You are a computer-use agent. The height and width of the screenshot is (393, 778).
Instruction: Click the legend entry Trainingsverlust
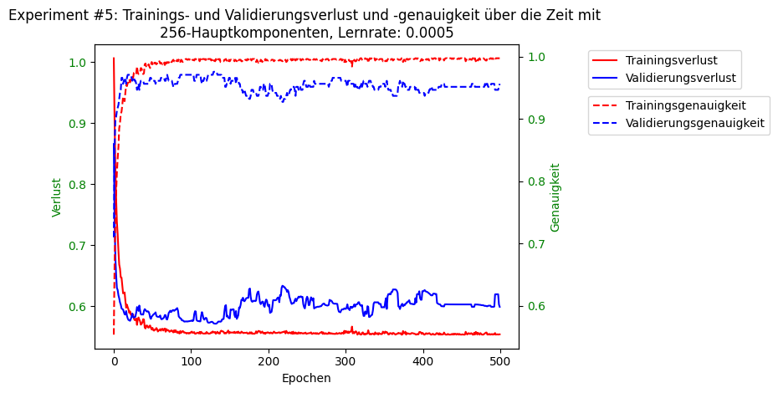coord(671,60)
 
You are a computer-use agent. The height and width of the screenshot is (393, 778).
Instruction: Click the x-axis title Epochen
coord(306,378)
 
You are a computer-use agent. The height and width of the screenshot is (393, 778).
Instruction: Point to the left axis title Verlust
coord(57,197)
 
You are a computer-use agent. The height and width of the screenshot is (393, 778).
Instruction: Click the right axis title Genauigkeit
coord(555,197)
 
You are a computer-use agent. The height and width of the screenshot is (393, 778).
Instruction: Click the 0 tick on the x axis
coord(114,361)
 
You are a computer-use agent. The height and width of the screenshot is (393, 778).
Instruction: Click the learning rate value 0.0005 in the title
coord(426,33)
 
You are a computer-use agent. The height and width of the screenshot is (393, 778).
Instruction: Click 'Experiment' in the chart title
coord(46,15)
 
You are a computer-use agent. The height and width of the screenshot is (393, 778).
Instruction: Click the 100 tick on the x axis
coord(191,361)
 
